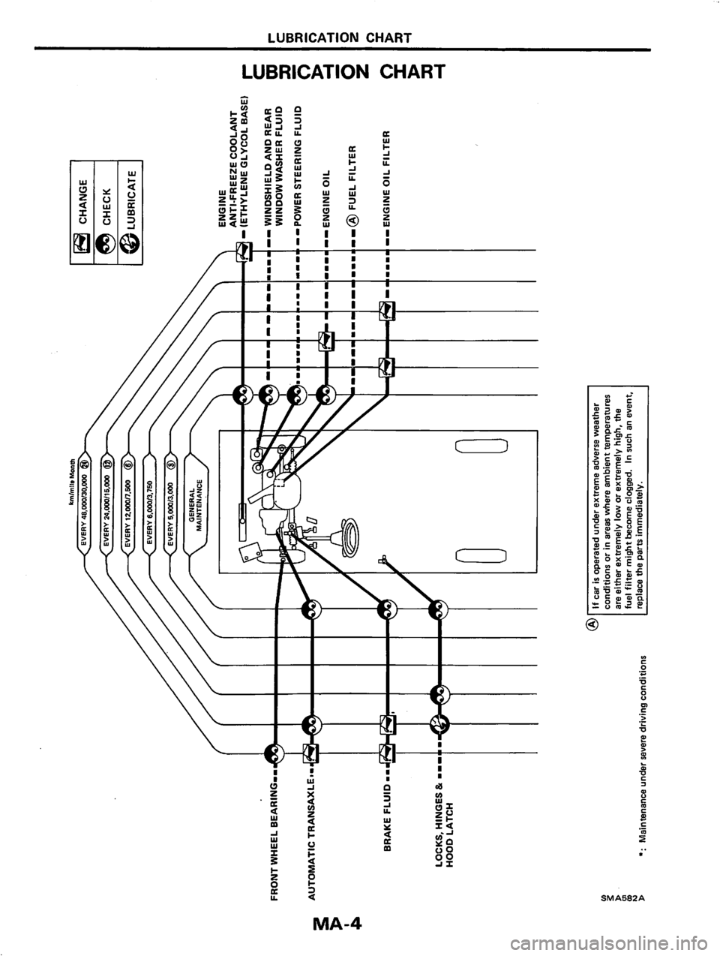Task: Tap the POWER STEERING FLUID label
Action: pos(298,165)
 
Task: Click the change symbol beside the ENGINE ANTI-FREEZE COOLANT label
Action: pos(243,256)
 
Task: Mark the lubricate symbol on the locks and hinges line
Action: pos(439,725)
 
